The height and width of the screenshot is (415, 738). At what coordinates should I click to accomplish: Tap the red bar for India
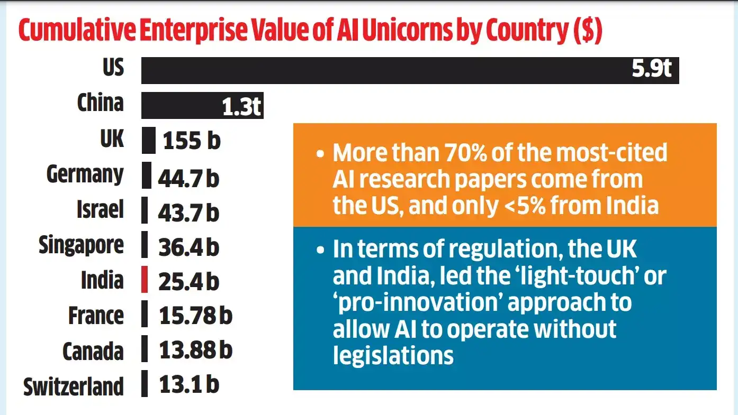(145, 280)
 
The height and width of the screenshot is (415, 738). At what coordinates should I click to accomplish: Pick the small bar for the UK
(149, 141)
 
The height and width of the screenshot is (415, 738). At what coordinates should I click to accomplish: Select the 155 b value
(192, 141)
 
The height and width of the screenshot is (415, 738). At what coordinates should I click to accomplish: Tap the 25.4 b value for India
(188, 281)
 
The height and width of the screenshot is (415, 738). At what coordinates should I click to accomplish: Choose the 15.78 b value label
(195, 316)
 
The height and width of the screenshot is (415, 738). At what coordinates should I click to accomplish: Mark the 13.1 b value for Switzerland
(189, 385)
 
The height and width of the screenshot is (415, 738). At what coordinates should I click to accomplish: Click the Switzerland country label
(73, 386)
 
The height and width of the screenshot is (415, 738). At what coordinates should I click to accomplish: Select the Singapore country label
(81, 246)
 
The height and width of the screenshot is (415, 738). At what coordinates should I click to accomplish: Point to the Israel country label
(100, 210)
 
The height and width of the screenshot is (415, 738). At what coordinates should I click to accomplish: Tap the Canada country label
(93, 351)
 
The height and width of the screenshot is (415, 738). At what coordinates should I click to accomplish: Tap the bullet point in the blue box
(319, 250)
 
